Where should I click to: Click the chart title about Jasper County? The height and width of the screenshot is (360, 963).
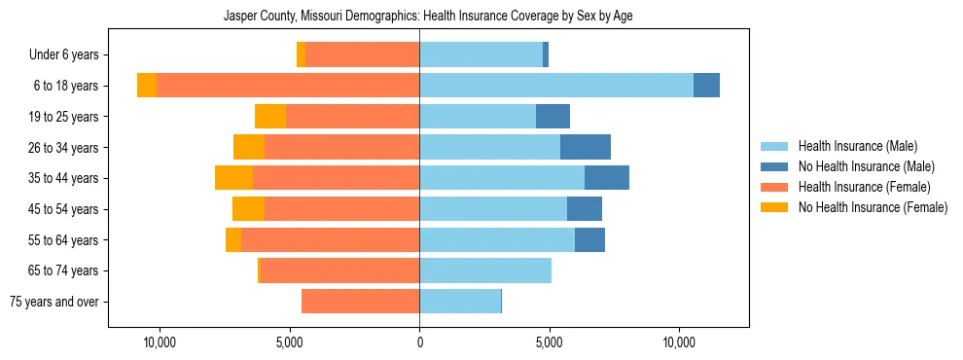click(428, 17)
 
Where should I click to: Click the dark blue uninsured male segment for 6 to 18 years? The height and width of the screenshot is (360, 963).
click(706, 86)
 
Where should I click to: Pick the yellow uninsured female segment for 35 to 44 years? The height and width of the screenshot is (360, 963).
click(233, 178)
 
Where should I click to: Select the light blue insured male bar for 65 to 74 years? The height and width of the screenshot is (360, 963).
click(485, 270)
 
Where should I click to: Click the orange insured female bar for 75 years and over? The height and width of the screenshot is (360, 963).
click(360, 302)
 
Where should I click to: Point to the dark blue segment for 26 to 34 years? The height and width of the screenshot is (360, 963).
click(585, 147)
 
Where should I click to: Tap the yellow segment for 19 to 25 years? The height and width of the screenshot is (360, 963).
click(270, 117)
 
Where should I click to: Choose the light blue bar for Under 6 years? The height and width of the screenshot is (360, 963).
click(481, 55)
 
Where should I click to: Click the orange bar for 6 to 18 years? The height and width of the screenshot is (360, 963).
click(288, 86)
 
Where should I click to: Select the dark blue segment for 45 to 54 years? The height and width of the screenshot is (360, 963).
click(584, 209)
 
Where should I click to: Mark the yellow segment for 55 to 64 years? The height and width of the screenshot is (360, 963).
click(233, 240)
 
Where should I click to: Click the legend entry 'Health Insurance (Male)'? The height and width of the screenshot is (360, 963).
click(857, 146)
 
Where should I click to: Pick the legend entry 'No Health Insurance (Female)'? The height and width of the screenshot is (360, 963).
click(872, 207)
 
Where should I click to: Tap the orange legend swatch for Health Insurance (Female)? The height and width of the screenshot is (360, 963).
click(774, 187)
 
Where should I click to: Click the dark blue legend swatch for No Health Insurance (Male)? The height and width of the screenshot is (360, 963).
click(774, 166)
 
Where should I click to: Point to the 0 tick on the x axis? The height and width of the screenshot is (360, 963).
click(419, 342)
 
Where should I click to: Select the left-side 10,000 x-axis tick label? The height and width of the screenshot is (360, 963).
click(159, 342)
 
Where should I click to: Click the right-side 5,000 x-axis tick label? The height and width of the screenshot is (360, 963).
click(549, 342)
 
